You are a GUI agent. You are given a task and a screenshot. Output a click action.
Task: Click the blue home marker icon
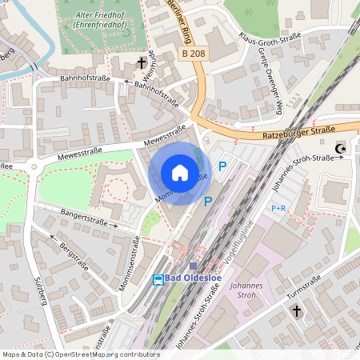click(179, 173)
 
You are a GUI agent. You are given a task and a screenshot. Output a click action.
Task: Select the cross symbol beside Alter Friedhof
click(142, 62)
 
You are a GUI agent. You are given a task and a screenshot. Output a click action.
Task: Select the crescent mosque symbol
click(342, 148)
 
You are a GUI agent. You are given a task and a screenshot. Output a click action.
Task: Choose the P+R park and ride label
click(278, 208)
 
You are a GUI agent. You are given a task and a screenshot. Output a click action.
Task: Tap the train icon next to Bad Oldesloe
click(159, 279)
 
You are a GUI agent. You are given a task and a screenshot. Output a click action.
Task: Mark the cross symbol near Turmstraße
click(296, 310)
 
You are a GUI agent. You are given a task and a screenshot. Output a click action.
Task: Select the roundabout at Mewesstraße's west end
click(34, 167)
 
